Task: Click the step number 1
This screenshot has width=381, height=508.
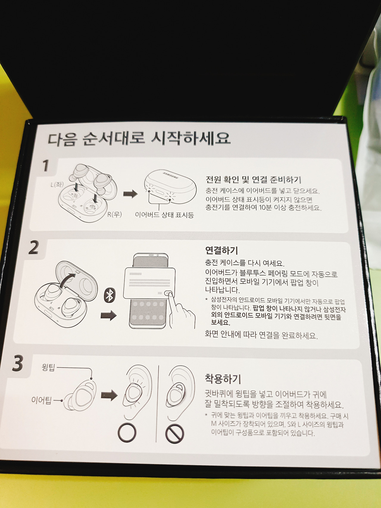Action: pyautogui.click(x=46, y=166)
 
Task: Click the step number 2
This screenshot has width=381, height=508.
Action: pyautogui.click(x=33, y=247)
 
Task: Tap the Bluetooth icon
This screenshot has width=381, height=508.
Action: pyautogui.click(x=110, y=295)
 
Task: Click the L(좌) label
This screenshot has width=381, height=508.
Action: pyautogui.click(x=57, y=185)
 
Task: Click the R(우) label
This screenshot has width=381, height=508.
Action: pyautogui.click(x=115, y=214)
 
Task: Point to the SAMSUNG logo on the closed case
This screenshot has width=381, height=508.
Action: pyautogui.click(x=171, y=175)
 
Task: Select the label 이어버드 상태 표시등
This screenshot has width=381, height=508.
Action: pyautogui.click(x=164, y=215)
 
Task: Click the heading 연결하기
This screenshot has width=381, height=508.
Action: pyautogui.click(x=222, y=250)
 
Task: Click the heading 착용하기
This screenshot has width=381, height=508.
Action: pyautogui.click(x=223, y=379)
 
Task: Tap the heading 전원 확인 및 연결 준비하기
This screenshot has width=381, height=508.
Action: pyautogui.click(x=253, y=180)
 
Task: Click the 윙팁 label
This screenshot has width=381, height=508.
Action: pyautogui.click(x=49, y=367)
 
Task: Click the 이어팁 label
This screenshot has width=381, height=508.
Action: pyautogui.click(x=42, y=400)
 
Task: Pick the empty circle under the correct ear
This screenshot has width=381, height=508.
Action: pyautogui.click(x=127, y=432)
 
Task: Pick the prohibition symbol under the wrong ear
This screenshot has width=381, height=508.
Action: pyautogui.click(x=174, y=434)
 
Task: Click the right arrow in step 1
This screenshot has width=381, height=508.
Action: pyautogui.click(x=131, y=194)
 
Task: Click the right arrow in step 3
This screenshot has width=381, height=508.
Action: pyautogui.click(x=109, y=395)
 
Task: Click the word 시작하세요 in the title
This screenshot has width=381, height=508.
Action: pyautogui.click(x=191, y=138)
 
